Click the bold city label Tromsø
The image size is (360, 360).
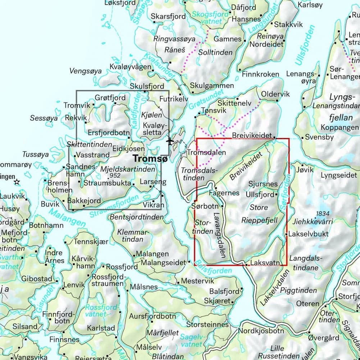[x=149, y=159]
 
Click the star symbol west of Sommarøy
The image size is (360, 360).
[x=17, y=182]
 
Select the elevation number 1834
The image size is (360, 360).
[x=322, y=213]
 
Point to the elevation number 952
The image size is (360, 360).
[x=115, y=176]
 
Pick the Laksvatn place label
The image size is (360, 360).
[x=265, y=263]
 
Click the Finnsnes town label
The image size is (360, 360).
[x=64, y=339]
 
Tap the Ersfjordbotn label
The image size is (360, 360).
[x=108, y=133]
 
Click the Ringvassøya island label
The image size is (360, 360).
[x=174, y=39]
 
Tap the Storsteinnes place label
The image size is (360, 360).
[x=207, y=324]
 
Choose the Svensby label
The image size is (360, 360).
[x=319, y=137]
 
